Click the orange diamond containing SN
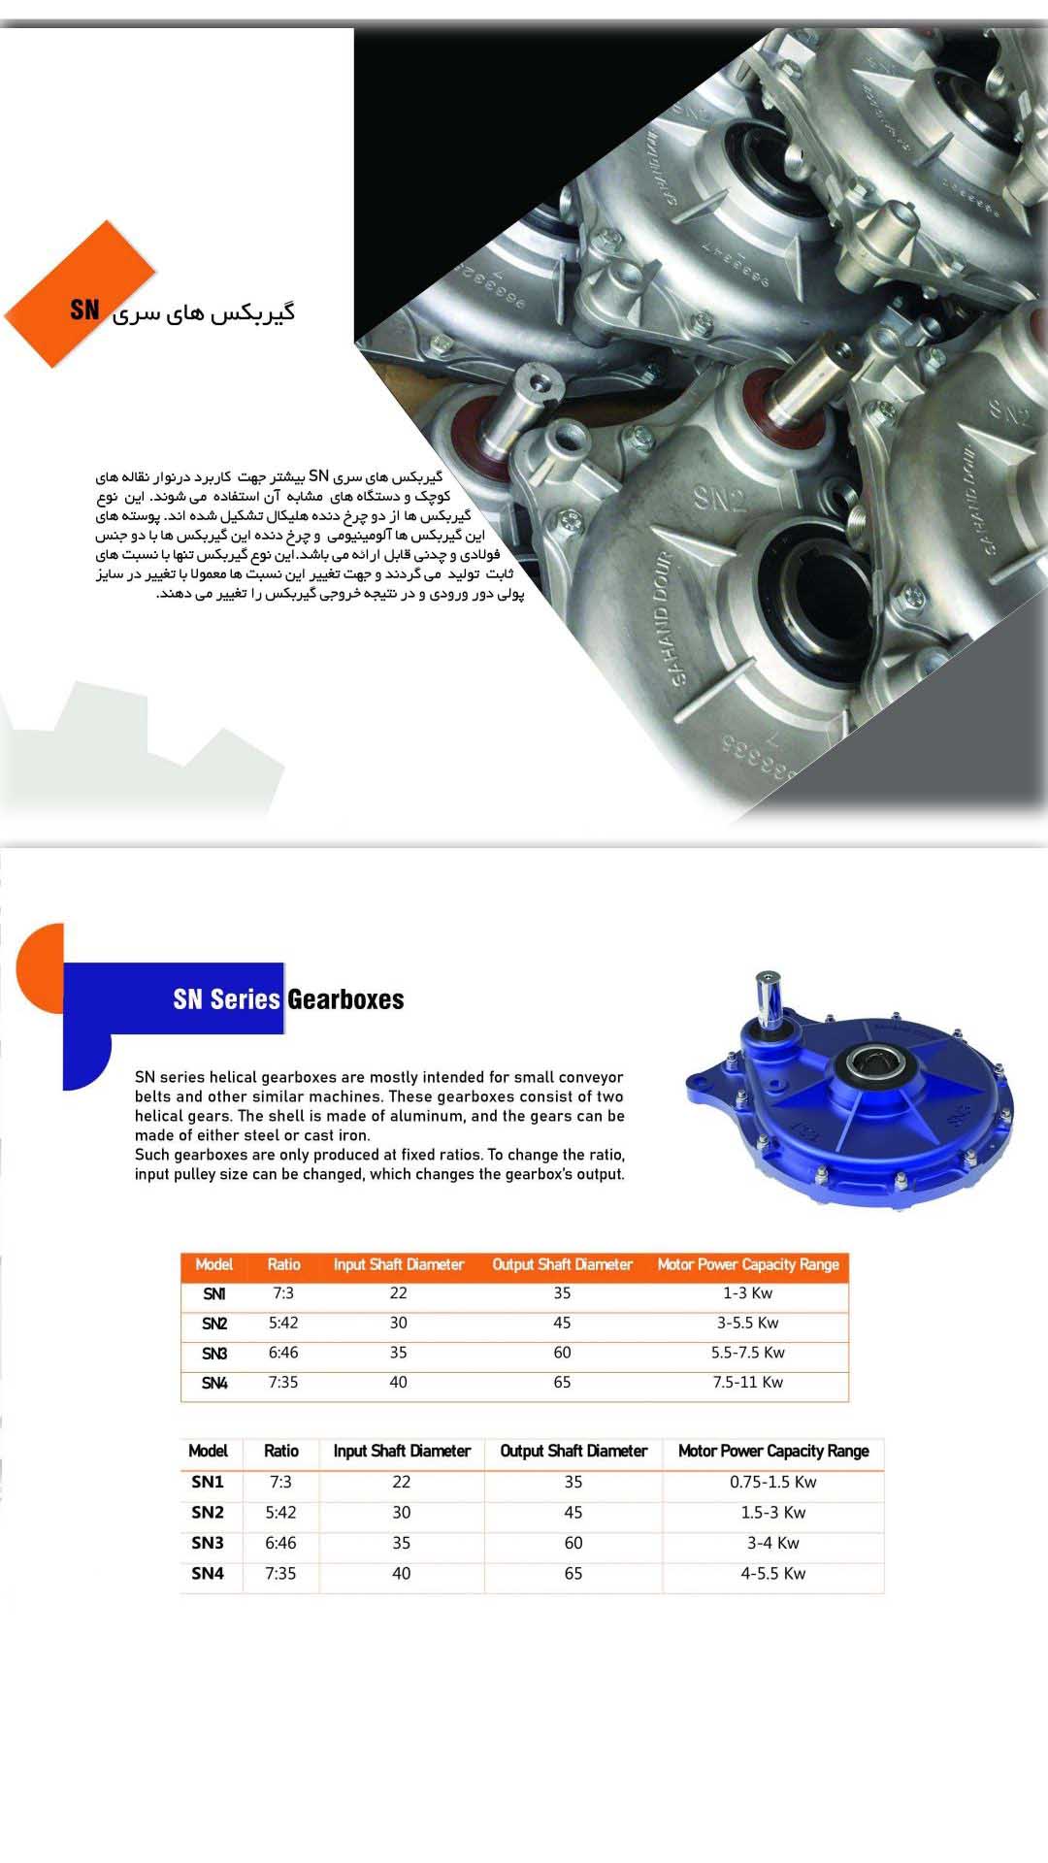pos(80,295)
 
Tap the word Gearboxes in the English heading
pos(345,999)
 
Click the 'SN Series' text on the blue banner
pos(226,999)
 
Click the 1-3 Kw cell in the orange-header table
pos(747,1293)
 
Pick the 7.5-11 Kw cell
pos(747,1383)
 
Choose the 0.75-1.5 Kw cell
pos(772,1483)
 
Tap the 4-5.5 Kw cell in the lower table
pos(772,1574)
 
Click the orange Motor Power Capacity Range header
pos(747,1265)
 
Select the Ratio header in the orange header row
pos(283,1265)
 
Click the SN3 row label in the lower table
pos(208,1544)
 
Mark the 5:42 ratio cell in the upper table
pos(283,1324)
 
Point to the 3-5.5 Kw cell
pos(747,1324)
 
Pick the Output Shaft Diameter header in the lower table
pos(573,1452)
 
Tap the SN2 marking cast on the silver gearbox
pos(719,499)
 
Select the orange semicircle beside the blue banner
pos(42,957)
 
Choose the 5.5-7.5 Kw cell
pos(747,1353)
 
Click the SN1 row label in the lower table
pos(208,1483)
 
